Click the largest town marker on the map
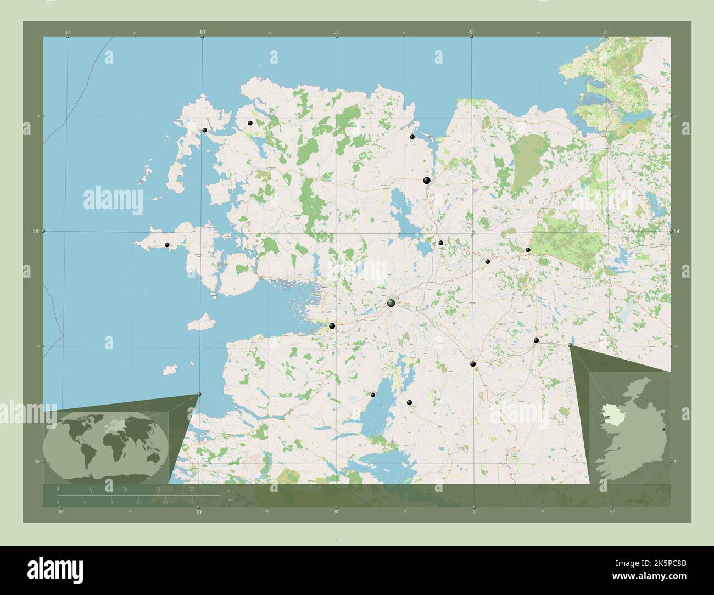pos(391,302)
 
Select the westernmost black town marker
pos(167,245)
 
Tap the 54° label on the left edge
pos(36,232)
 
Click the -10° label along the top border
pos(202,32)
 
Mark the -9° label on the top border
pos(471,32)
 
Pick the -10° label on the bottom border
pos(198,512)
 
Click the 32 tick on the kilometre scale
pos(192,489)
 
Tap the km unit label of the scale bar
pos(231,492)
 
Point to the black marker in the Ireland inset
pos(664,429)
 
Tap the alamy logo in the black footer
pos(55,568)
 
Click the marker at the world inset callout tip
pos(199,394)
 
